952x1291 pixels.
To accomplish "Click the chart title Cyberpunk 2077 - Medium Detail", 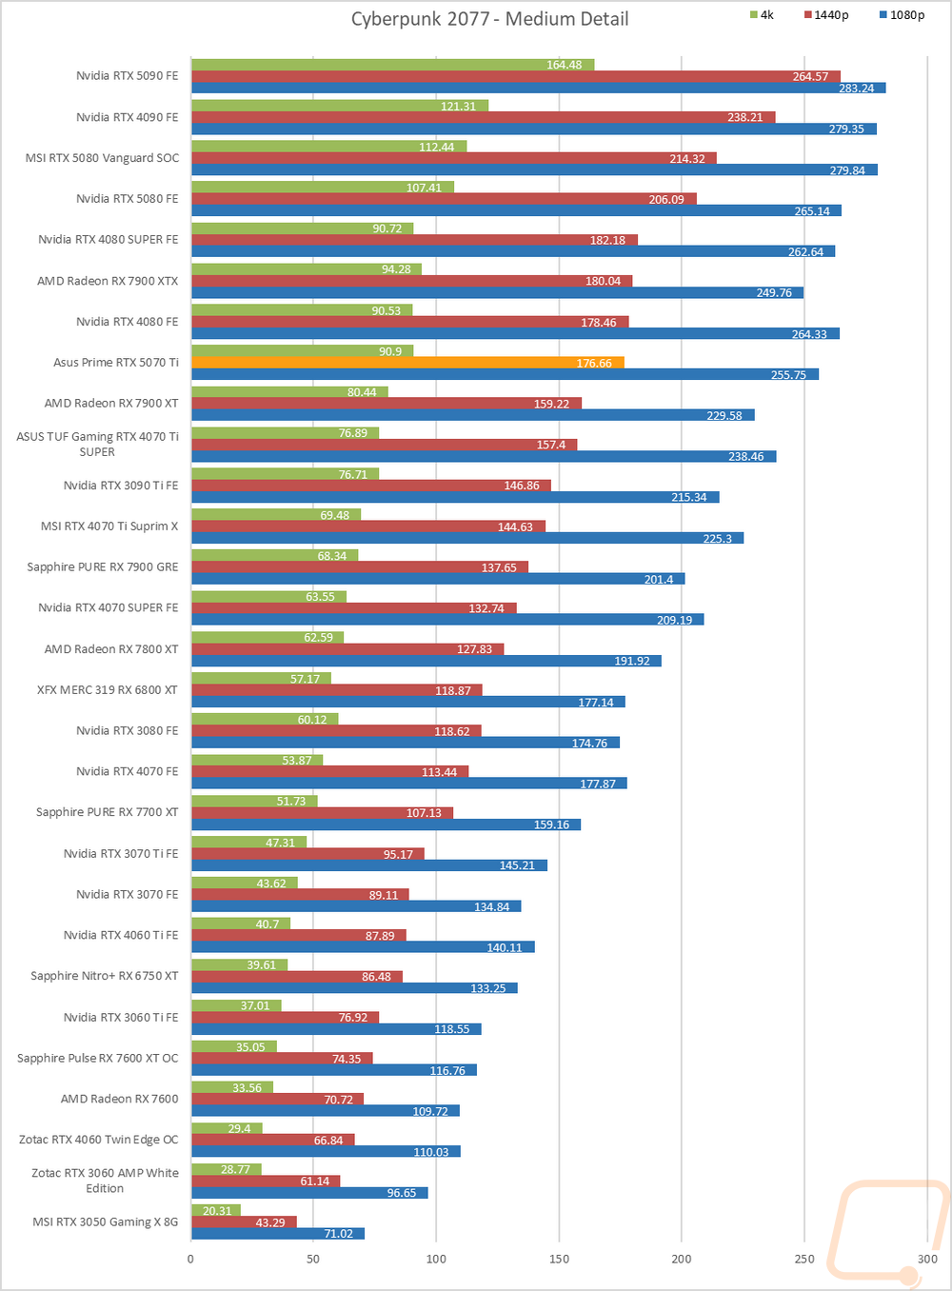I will (489, 19).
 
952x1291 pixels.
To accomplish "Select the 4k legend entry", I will (762, 15).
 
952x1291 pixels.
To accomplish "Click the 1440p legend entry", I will (825, 15).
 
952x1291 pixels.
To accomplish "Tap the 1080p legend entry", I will (902, 15).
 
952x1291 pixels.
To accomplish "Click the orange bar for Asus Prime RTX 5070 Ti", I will (407, 363).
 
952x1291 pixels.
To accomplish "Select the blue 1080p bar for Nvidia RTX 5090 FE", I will (538, 89).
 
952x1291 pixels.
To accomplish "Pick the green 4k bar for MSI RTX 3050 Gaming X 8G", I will (215, 1210).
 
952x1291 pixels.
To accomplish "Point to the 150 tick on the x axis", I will (559, 1259).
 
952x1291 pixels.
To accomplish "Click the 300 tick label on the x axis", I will (927, 1259).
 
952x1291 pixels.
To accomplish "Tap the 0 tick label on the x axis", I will (190, 1259).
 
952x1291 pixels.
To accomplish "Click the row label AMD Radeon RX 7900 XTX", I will (108, 281).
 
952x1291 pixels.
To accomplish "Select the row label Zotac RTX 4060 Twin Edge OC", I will (99, 1140).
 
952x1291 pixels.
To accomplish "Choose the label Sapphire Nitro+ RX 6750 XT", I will (105, 976).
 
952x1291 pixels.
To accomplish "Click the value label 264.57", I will (810, 77).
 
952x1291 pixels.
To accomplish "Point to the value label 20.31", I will (217, 1211).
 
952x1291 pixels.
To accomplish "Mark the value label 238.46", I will (745, 457).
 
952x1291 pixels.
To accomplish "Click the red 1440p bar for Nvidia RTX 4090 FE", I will (483, 118).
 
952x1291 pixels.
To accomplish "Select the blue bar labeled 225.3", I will (466, 539).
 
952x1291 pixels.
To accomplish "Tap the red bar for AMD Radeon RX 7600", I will (277, 1100).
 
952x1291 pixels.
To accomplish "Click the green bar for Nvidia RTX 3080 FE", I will (265, 720).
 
